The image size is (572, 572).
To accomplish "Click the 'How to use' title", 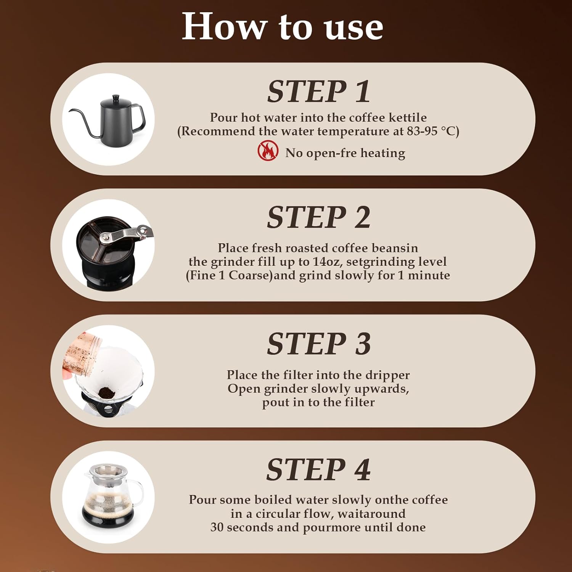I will pyautogui.click(x=282, y=27).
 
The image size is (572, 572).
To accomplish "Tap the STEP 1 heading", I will pyautogui.click(x=318, y=92).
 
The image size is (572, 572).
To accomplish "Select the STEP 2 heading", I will pyautogui.click(x=318, y=217).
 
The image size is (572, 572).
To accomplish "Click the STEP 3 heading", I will pyautogui.click(x=318, y=344).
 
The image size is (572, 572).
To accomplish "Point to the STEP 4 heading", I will pyautogui.click(x=318, y=469).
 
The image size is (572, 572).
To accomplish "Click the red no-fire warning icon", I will pyautogui.click(x=268, y=151).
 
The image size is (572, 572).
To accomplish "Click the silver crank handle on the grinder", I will pyautogui.click(x=126, y=233).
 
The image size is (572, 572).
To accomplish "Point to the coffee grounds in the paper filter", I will pyautogui.click(x=105, y=392).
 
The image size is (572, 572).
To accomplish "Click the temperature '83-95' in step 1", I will pyautogui.click(x=422, y=131).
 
